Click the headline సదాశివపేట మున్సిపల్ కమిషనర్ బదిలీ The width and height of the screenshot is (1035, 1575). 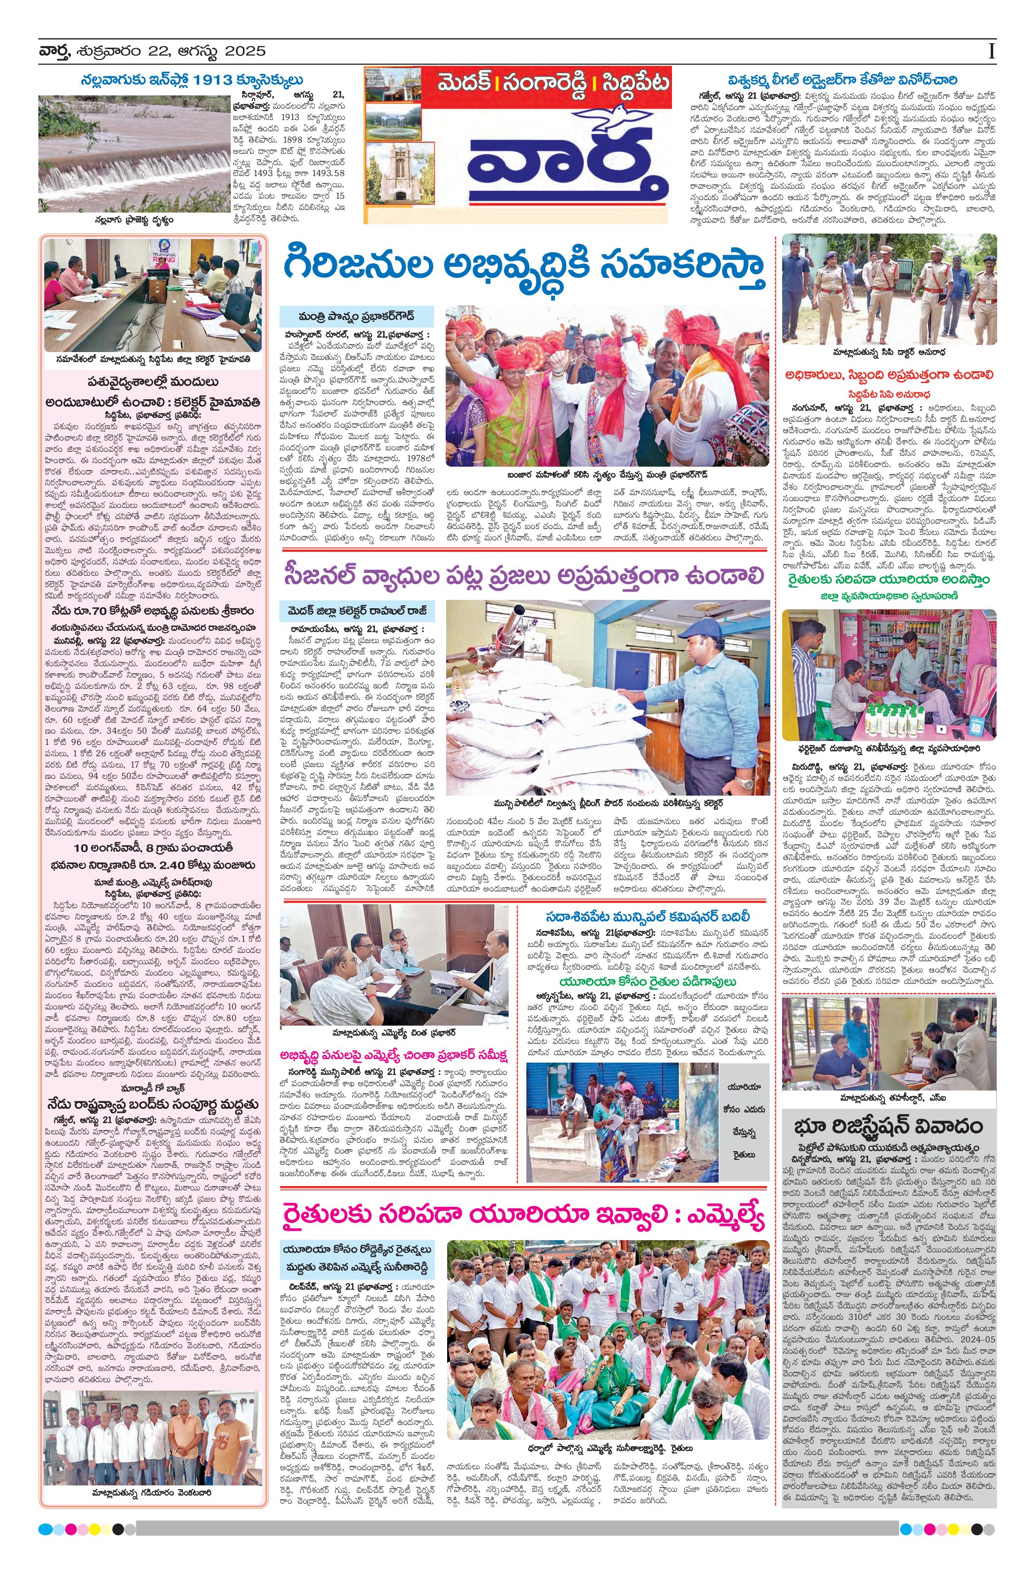[648, 917]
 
